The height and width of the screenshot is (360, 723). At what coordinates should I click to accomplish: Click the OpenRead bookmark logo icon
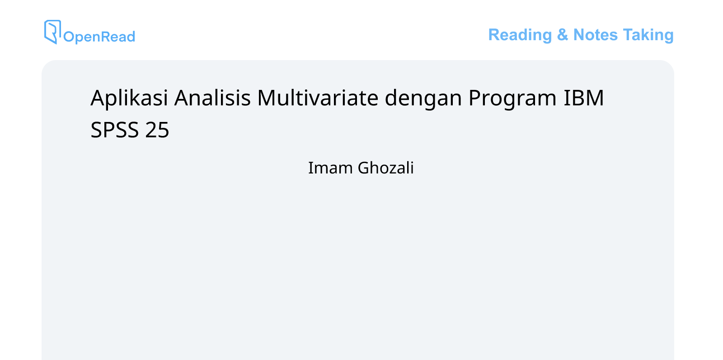[x=52, y=32]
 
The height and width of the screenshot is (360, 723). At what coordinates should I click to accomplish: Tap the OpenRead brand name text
[x=99, y=37]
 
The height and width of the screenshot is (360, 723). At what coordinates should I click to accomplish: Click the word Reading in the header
[x=520, y=35]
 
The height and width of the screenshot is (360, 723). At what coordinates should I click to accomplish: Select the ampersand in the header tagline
[x=563, y=35]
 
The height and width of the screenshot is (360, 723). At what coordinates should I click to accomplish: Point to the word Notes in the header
[x=595, y=35]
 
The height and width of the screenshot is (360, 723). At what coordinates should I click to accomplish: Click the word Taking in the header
[x=648, y=35]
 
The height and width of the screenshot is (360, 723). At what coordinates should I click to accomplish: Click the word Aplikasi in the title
[x=129, y=98]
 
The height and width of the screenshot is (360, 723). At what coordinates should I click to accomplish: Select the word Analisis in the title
[x=212, y=98]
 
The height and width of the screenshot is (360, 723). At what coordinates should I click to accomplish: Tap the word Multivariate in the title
[x=318, y=98]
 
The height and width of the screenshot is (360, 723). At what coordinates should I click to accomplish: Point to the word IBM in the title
[x=583, y=98]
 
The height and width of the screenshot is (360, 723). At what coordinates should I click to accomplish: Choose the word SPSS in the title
[x=114, y=130]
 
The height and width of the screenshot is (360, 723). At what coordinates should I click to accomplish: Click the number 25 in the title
[x=157, y=130]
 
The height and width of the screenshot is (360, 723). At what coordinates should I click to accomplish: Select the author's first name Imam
[x=330, y=168]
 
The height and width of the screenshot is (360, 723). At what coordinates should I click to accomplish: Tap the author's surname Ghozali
[x=386, y=168]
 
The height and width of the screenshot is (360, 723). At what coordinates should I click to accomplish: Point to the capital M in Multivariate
[x=267, y=98]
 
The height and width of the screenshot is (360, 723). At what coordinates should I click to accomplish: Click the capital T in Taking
[x=628, y=35]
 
